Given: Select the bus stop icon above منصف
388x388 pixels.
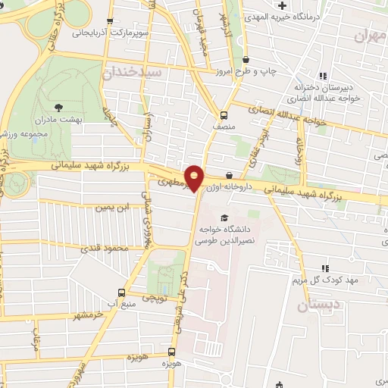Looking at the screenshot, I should pyautogui.click(x=223, y=115).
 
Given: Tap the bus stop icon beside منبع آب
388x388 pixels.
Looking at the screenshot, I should pyautogui.click(x=121, y=293).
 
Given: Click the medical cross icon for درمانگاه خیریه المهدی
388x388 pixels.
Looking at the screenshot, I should pyautogui.click(x=282, y=6).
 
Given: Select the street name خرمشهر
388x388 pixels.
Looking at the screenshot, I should pyautogui.click(x=82, y=311).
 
